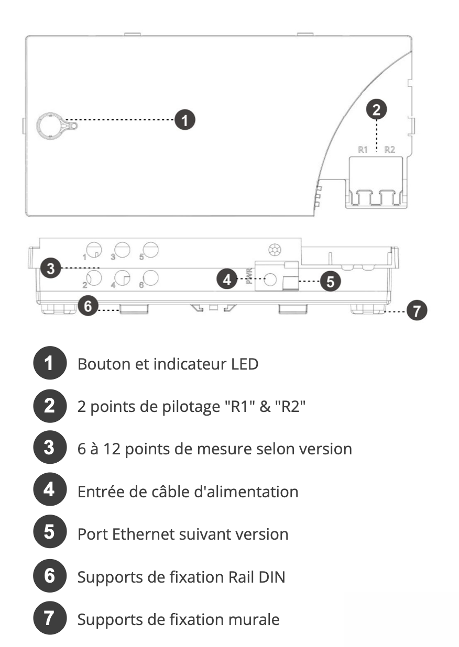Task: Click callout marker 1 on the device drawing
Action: point(184,120)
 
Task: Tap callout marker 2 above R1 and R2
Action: point(376,109)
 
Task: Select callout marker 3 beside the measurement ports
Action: point(51,269)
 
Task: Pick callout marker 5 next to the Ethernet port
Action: point(331,281)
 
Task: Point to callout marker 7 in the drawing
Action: point(417,310)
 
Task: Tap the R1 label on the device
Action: point(363,149)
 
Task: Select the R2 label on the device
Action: point(389,149)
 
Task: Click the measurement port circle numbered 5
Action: point(150,250)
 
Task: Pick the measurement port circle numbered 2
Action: point(94,278)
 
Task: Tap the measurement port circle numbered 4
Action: point(122,278)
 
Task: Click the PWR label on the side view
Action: point(249,276)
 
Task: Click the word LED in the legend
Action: point(245,364)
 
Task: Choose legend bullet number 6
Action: point(50,575)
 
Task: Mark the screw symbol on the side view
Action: point(275,250)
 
